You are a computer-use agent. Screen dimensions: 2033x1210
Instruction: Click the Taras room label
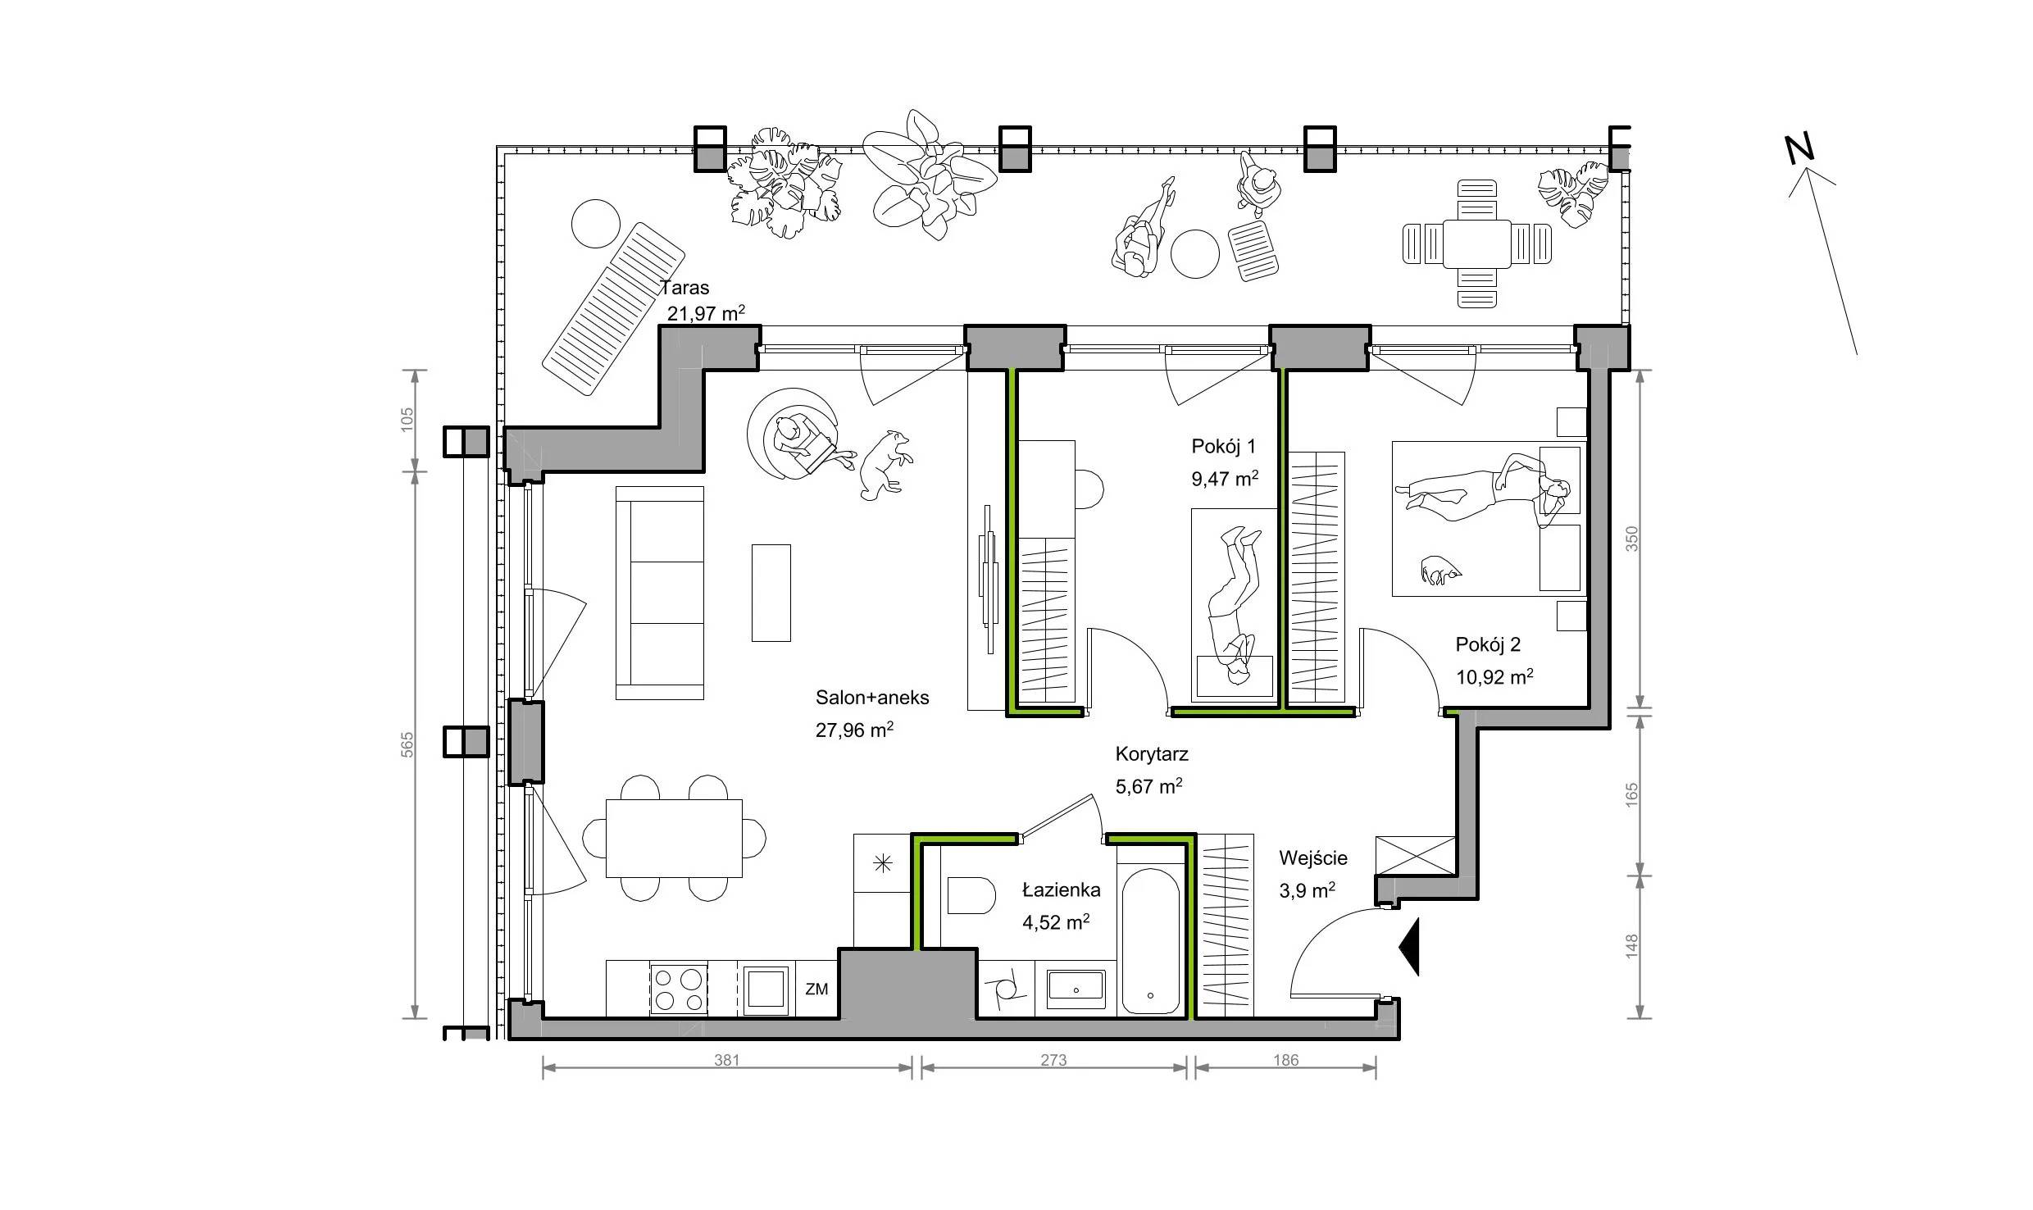pos(684,288)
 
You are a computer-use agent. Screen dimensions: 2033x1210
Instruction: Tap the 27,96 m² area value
pos(854,730)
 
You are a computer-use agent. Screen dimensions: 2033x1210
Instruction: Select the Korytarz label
pos(1152,754)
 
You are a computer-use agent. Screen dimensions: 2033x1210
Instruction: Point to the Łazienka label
pos(1061,890)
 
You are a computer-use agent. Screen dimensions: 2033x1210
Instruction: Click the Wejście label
pos(1313,858)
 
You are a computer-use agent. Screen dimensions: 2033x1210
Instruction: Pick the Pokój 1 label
pos(1223,447)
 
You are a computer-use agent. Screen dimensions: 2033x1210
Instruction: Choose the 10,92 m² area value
pos(1494,677)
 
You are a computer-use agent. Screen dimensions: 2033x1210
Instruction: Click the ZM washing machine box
pos(816,989)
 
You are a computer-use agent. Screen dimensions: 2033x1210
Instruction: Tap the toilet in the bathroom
pos(971,896)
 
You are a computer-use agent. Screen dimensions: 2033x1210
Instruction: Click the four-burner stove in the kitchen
pos(679,989)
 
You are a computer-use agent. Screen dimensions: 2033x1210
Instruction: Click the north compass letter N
pos(1800,149)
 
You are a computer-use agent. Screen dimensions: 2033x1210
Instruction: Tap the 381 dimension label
pos(726,1060)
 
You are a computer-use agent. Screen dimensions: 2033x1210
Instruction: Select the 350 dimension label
pos(1631,538)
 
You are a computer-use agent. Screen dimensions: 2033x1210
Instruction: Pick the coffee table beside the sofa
pos(771,593)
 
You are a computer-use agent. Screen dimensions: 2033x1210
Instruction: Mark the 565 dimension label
pos(408,744)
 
